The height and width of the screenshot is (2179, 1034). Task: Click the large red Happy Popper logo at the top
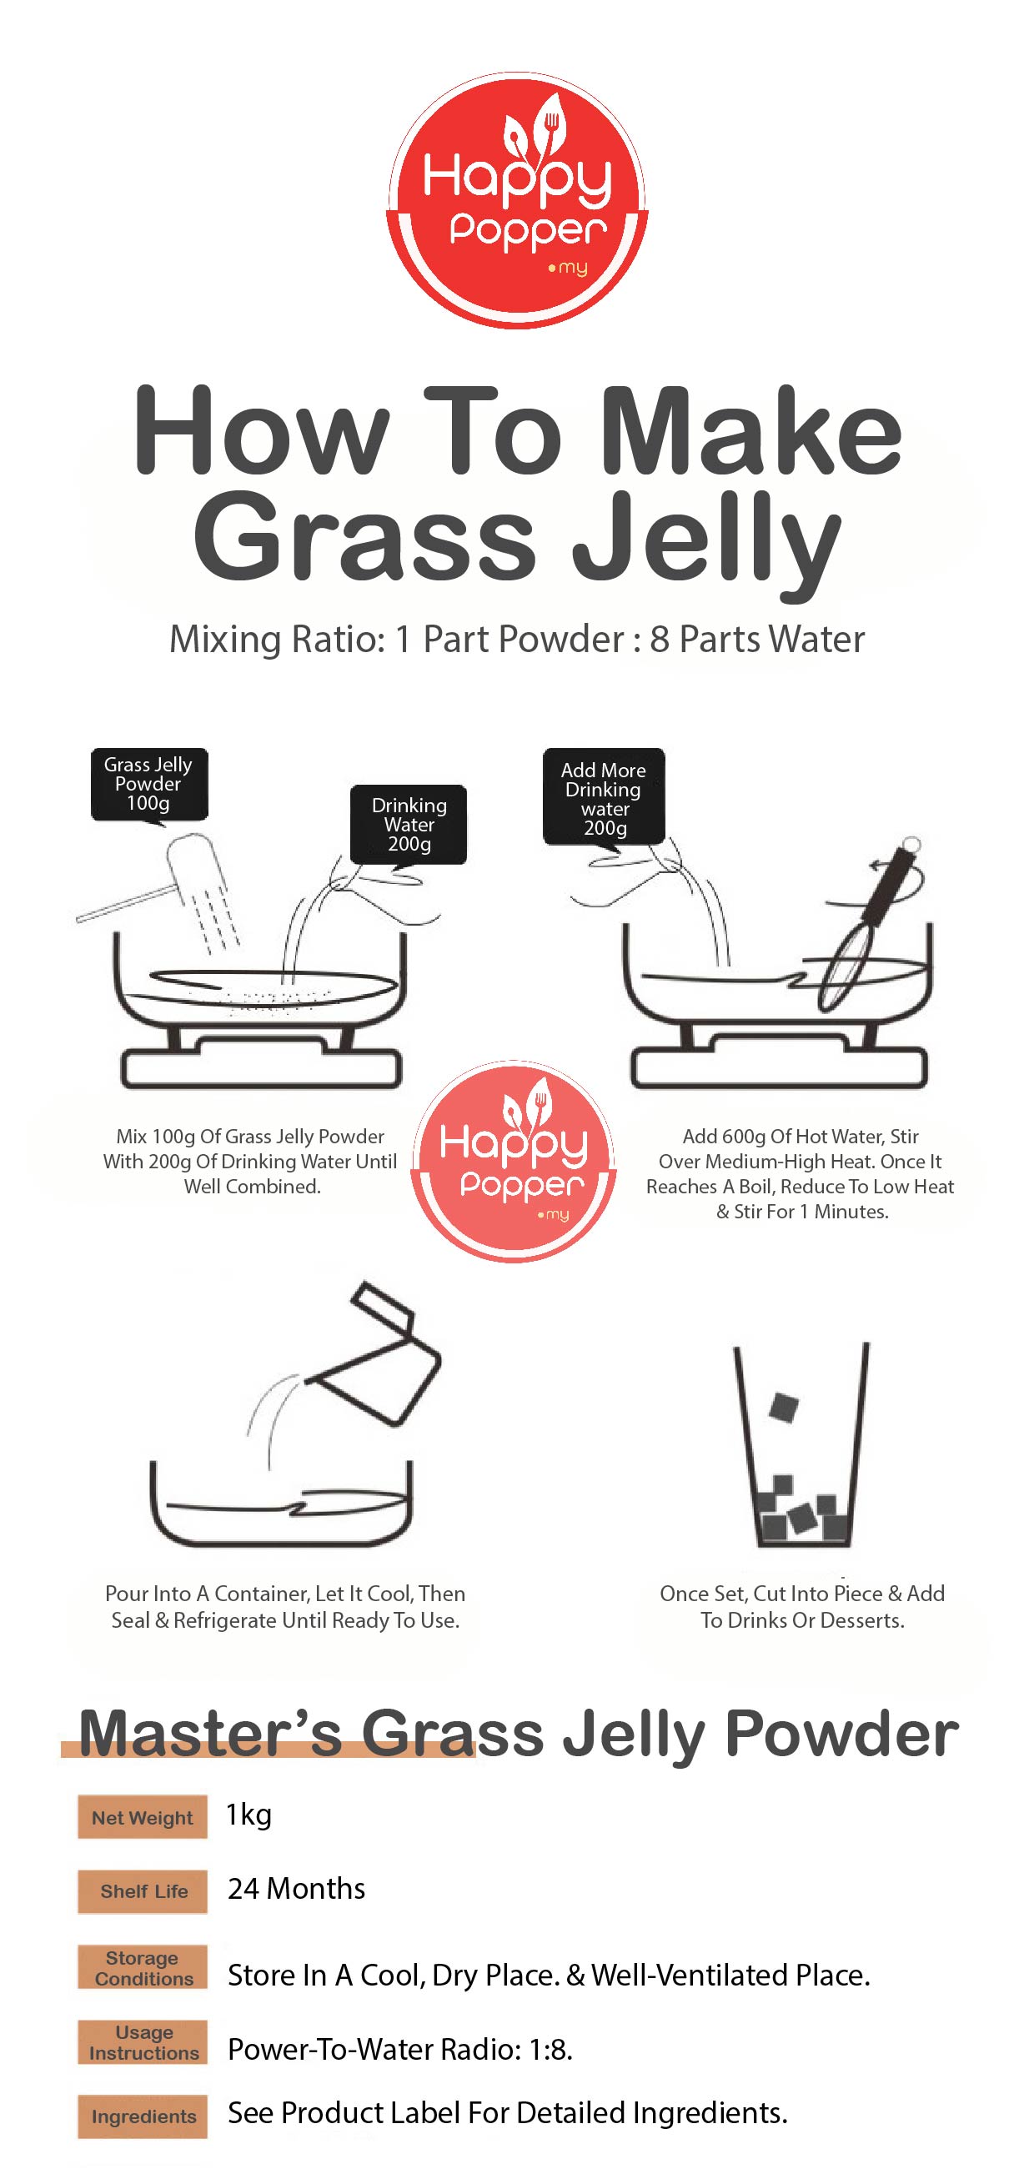(x=517, y=200)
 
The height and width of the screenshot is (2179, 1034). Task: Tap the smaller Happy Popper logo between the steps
(x=514, y=1161)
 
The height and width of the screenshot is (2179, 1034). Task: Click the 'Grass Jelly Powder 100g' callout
(x=149, y=784)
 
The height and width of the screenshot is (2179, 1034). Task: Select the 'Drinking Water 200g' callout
(x=409, y=825)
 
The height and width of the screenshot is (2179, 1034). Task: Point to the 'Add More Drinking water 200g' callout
(x=604, y=797)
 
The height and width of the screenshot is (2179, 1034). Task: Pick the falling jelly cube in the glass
(x=784, y=1407)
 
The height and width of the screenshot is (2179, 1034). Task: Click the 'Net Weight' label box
(x=142, y=1817)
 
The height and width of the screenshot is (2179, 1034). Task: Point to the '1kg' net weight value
(x=248, y=1816)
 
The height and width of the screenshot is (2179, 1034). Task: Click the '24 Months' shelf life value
(x=296, y=1889)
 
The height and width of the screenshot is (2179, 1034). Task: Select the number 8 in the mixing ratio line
(x=660, y=640)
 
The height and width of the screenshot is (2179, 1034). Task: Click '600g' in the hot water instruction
(x=744, y=1137)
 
